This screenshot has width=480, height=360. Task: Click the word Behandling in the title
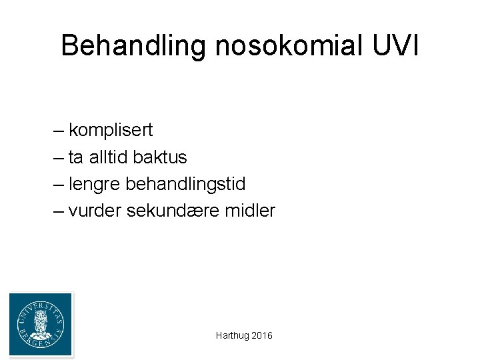(x=133, y=46)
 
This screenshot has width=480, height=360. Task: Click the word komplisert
(x=111, y=130)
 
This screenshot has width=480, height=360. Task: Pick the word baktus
(x=160, y=157)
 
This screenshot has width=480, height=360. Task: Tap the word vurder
(x=95, y=211)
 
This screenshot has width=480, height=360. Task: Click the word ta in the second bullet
(x=75, y=157)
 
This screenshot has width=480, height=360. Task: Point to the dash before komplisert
(x=59, y=130)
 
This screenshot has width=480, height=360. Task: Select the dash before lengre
(x=59, y=184)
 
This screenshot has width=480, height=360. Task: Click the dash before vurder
(x=59, y=211)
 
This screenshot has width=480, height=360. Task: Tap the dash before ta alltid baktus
(x=59, y=157)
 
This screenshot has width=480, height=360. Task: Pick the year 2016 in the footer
(x=262, y=336)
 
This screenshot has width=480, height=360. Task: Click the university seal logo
(x=41, y=325)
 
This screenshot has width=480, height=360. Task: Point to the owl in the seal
(x=41, y=323)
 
